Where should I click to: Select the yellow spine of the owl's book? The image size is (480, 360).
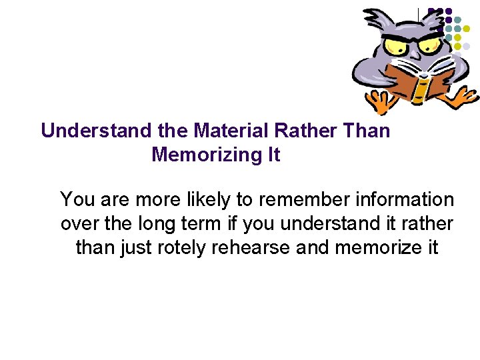(419, 86)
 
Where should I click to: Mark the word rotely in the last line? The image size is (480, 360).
(181, 248)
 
